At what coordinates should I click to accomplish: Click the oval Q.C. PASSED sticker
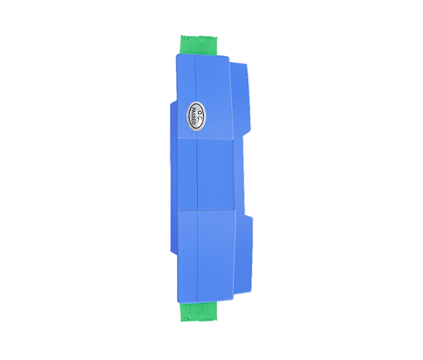click(196, 116)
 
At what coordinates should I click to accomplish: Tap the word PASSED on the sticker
click(193, 116)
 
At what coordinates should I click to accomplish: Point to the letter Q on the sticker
click(200, 112)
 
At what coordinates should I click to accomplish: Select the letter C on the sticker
click(200, 119)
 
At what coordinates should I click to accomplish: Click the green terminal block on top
click(199, 45)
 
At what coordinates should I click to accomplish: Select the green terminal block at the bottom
click(199, 311)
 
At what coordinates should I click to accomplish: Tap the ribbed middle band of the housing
click(206, 174)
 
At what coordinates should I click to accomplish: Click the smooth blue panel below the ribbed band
click(206, 256)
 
